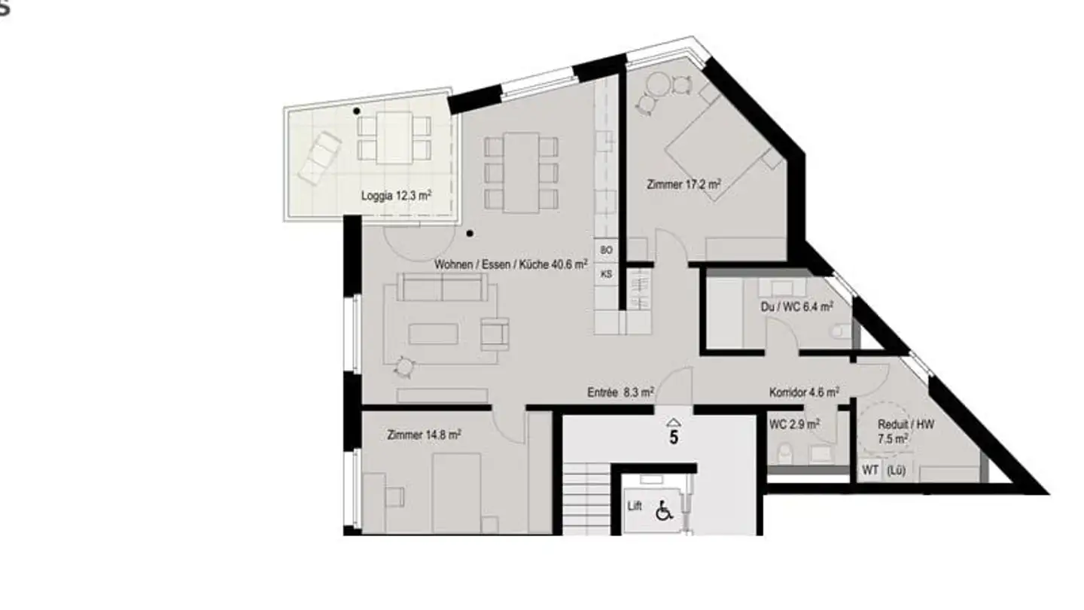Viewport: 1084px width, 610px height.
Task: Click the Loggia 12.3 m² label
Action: click(396, 196)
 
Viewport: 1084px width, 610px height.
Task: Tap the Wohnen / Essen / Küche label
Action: click(511, 265)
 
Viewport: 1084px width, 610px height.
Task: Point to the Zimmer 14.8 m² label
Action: click(424, 435)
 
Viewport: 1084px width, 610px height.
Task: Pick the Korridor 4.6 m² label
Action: click(804, 392)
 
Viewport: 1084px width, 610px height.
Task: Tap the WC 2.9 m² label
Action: click(794, 425)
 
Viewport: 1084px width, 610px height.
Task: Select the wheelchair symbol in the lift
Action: click(663, 511)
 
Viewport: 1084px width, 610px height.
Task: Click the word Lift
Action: click(635, 506)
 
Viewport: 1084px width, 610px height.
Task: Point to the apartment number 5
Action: click(674, 437)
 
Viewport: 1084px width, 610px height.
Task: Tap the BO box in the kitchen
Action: click(607, 249)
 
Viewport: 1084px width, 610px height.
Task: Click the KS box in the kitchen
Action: click(607, 274)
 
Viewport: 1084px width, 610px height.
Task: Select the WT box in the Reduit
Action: click(870, 471)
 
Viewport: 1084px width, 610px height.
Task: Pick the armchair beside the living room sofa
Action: click(494, 333)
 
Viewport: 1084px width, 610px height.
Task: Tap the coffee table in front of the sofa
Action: click(433, 333)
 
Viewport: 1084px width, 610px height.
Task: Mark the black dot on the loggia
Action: click(357, 111)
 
